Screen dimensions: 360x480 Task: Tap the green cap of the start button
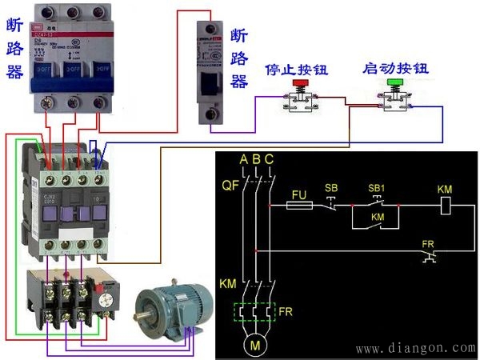394,82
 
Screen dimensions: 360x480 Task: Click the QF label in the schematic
230,186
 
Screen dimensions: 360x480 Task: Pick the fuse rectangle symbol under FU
298,206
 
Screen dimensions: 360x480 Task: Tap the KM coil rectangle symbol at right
447,206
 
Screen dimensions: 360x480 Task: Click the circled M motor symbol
256,346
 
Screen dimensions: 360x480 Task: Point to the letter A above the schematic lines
243,159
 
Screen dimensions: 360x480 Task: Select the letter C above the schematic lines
269,159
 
